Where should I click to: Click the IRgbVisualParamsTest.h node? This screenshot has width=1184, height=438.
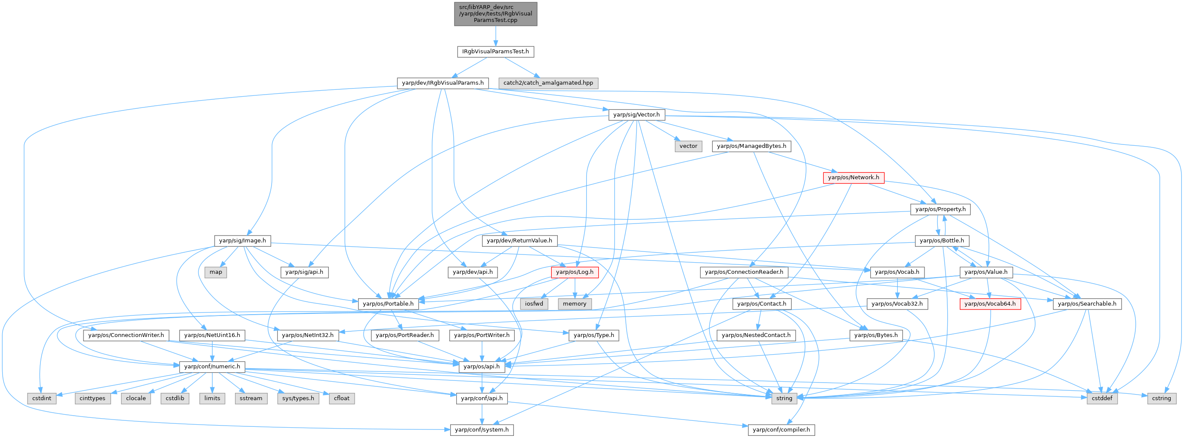tap(495, 52)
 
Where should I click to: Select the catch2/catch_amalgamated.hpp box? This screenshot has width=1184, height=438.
tap(548, 83)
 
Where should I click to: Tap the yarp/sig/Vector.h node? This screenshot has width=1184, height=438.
tap(636, 115)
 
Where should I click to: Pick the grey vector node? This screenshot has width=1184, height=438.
tap(688, 146)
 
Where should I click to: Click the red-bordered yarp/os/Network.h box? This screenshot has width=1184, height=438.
tap(853, 178)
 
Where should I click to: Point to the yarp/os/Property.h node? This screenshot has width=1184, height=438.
tap(940, 209)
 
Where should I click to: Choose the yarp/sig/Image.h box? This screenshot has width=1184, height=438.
tap(242, 241)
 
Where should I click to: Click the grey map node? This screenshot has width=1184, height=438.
tap(216, 272)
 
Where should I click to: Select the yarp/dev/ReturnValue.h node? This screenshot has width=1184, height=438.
tap(519, 241)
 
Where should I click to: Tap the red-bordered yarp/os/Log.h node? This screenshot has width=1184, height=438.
tap(575, 272)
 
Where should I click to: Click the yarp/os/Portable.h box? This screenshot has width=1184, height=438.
tap(388, 304)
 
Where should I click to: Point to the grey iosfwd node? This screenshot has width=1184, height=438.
tap(534, 304)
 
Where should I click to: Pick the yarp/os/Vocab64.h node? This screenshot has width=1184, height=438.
tap(990, 304)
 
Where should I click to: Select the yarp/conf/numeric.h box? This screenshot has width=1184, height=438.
tap(212, 367)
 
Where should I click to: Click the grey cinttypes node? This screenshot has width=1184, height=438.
tap(93, 398)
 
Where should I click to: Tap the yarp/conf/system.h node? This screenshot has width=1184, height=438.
tap(481, 430)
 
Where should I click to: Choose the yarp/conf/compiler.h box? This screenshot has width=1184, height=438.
tap(781, 430)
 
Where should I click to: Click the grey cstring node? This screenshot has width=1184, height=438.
tap(1161, 398)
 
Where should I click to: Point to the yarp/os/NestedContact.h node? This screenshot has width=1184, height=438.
tap(756, 335)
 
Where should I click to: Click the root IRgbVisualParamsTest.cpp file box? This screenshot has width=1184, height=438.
tap(495, 14)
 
